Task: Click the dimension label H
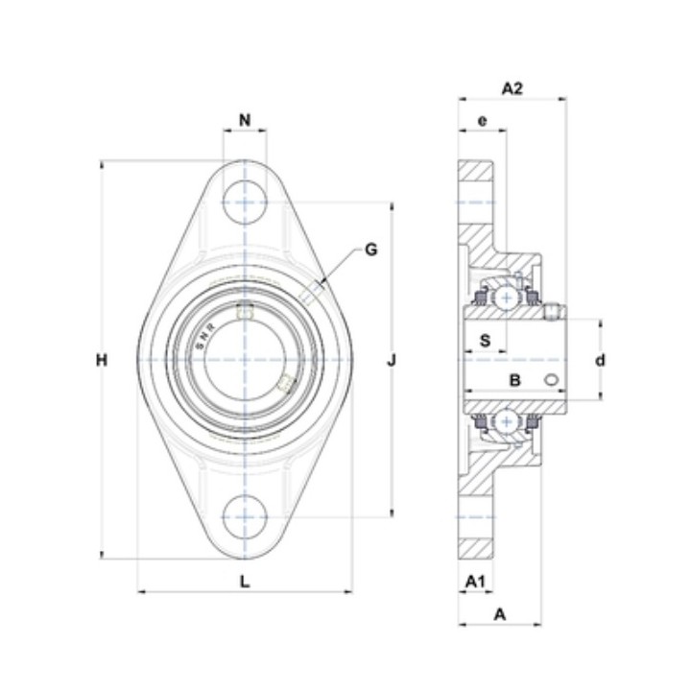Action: (x=102, y=361)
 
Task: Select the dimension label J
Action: (x=392, y=361)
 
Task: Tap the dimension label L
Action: (x=245, y=582)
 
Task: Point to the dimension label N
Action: (x=245, y=120)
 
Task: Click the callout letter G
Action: (x=371, y=250)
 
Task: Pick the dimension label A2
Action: (x=512, y=88)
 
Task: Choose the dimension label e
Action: (x=483, y=120)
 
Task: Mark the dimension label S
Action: (x=485, y=340)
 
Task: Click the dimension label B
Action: (x=514, y=380)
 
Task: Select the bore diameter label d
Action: (x=600, y=361)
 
